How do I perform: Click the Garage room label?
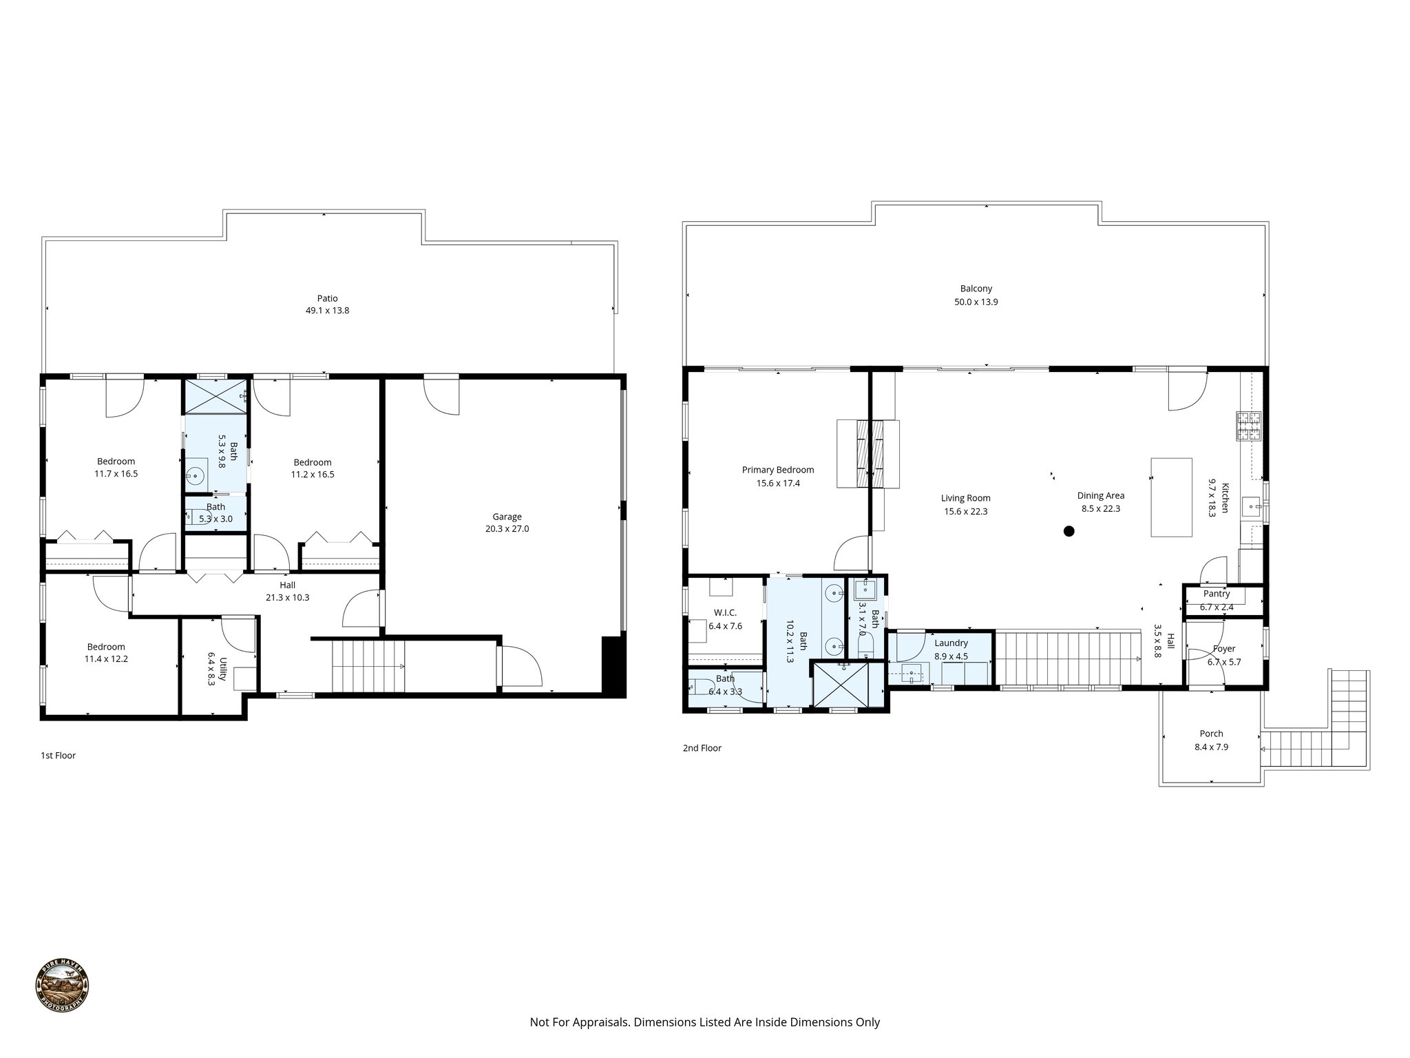tap(507, 517)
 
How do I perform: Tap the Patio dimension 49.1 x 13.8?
tap(328, 311)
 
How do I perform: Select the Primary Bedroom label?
tap(778, 470)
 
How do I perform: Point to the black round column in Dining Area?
tap(1069, 531)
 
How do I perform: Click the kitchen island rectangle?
tap(1172, 497)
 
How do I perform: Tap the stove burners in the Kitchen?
tap(1249, 426)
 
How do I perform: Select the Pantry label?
tap(1217, 594)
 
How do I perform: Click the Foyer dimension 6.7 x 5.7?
tap(1224, 662)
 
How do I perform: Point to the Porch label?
tap(1212, 734)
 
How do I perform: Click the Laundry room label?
tap(951, 643)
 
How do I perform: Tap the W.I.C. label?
tap(726, 612)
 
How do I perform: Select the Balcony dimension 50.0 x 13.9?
tap(976, 302)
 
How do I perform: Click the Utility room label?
tap(222, 669)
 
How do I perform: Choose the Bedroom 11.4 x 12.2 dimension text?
tap(106, 658)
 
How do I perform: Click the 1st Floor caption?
tap(58, 756)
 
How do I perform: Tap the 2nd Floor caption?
tap(702, 748)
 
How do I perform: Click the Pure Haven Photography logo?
tap(62, 986)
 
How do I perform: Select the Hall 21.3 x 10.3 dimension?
tap(287, 597)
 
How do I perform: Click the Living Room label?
tap(966, 498)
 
